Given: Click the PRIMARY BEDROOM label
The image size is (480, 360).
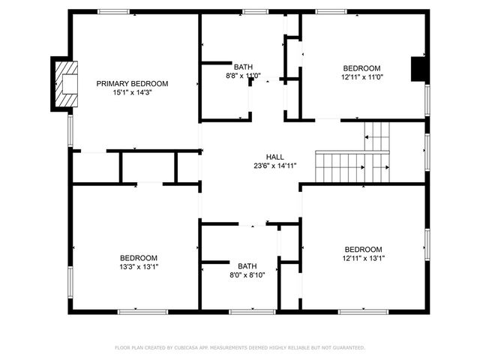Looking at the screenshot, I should tap(132, 83).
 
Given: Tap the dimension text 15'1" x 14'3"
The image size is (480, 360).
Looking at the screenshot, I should tap(132, 92).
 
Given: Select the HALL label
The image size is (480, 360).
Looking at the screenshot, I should tap(274, 157).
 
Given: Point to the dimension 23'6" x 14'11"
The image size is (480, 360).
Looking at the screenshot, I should tap(274, 166).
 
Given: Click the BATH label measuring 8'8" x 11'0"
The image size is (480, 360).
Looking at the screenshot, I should tap(243, 66).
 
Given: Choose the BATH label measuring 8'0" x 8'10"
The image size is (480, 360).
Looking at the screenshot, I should tap(247, 265).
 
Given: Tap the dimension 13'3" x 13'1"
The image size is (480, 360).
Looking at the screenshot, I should tap(139, 266).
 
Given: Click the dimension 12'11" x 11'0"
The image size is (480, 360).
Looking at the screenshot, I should tap(361, 76).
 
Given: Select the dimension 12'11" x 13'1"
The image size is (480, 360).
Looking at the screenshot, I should tap(363, 258).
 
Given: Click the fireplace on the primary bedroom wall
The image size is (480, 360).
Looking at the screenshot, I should tap(65, 83).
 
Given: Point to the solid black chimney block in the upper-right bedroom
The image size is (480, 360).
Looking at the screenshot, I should tap(418, 69).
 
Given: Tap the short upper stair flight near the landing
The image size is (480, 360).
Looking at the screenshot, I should tap(377, 136).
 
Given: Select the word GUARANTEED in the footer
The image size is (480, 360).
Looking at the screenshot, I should tap(347, 347).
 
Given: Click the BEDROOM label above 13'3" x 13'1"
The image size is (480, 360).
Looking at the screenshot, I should tap(139, 257).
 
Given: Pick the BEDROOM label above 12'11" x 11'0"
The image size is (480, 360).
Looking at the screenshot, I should tap(361, 67).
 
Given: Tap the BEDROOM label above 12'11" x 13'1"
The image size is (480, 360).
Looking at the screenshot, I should tap(363, 249).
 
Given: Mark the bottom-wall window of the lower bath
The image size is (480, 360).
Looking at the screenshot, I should tap(241, 311).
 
